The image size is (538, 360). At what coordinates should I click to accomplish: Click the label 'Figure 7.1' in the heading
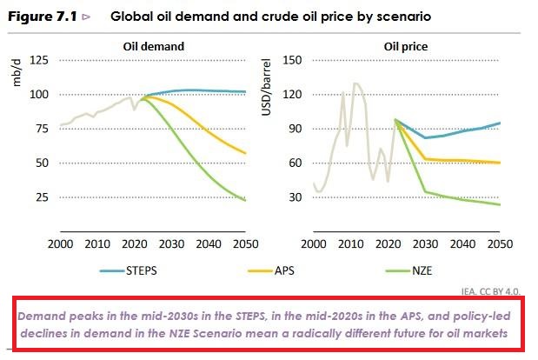(39, 17)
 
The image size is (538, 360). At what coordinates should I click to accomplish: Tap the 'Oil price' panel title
(408, 47)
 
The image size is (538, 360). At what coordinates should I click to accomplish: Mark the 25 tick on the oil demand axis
(40, 197)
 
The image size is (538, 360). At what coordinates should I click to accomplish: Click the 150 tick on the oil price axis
(292, 60)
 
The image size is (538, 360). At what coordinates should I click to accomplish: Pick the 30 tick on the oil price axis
(296, 197)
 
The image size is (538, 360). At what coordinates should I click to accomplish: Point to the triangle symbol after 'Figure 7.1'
(85, 17)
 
